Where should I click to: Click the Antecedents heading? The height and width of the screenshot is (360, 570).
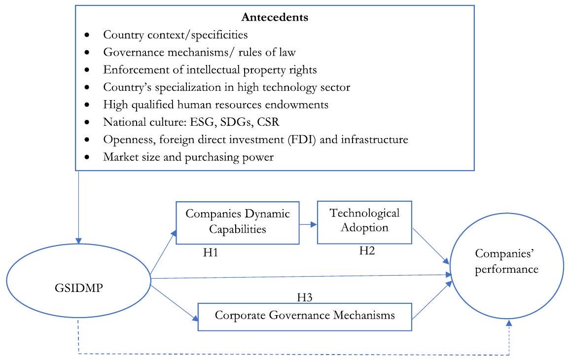[x=275, y=18]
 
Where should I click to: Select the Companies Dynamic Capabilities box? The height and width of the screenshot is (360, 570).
[x=237, y=222]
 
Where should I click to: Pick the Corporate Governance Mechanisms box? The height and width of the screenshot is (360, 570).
[x=305, y=316]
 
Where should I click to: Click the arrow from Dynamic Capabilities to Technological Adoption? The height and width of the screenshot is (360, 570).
[x=308, y=224]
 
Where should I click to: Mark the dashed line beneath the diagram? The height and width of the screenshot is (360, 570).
[x=296, y=353]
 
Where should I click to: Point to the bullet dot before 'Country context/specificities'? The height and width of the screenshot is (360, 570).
[x=88, y=36]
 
